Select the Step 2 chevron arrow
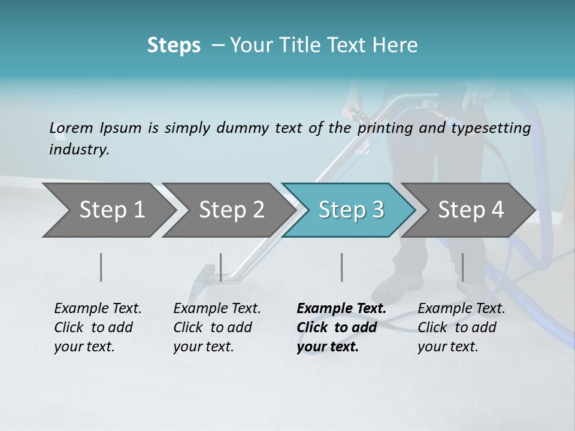click(228, 210)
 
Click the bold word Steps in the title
click(174, 45)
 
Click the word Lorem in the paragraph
click(71, 128)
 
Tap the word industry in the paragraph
click(79, 150)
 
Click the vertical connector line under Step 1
click(101, 267)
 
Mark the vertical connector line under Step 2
click(221, 267)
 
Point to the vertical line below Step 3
click(341, 267)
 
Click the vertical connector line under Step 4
click(462, 267)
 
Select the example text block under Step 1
click(98, 327)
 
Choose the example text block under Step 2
click(217, 327)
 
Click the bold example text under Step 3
click(341, 327)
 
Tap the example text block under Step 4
click(461, 327)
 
